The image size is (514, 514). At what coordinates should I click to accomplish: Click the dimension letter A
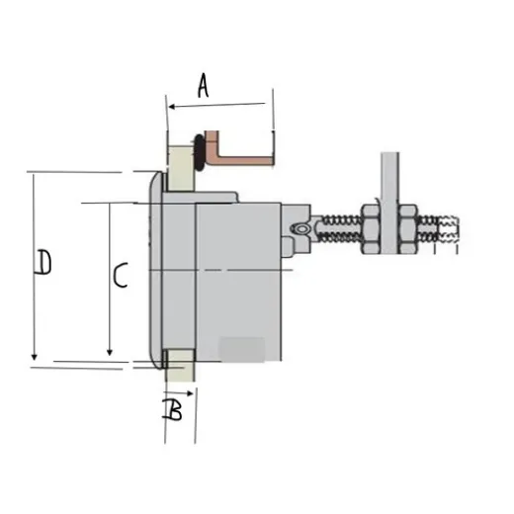pos(203,87)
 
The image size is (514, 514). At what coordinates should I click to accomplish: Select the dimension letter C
pos(118,276)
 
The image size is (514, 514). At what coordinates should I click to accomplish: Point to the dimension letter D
pos(43,264)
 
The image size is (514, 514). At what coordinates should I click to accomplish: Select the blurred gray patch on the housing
pos(242,348)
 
